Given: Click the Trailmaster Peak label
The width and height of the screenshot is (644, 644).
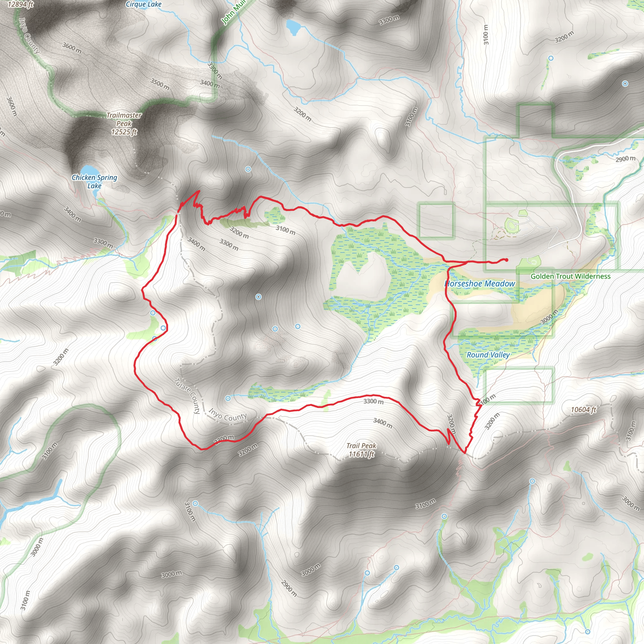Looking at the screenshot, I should coord(124,119).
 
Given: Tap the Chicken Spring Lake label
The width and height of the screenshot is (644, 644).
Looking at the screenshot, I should coord(94,181).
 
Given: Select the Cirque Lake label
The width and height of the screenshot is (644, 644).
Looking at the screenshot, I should coord(143,4).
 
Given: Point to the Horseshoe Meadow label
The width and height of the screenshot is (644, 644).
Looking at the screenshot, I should coord(480,284).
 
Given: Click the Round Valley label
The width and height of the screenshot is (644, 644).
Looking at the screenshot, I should coord(488,355).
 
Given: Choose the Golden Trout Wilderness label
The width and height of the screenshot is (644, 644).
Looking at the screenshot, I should coord(570,276).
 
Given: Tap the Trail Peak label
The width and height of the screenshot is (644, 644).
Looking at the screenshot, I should coord(361,446).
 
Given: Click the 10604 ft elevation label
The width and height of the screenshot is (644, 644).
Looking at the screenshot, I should coord(583,410).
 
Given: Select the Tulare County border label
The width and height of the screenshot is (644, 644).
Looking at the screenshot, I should coord(187,396).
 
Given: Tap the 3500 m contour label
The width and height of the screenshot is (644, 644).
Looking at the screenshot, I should coord(160,84).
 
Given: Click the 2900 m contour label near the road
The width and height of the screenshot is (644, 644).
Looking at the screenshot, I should coord(625,159).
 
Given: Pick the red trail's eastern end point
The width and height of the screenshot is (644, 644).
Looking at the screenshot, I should coord(506,260).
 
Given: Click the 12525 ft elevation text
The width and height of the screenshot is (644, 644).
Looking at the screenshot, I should coord(124,132).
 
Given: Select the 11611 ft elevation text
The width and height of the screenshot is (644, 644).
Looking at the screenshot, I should coord(361,454).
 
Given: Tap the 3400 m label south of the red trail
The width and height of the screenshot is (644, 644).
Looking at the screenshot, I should coord(383,423).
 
